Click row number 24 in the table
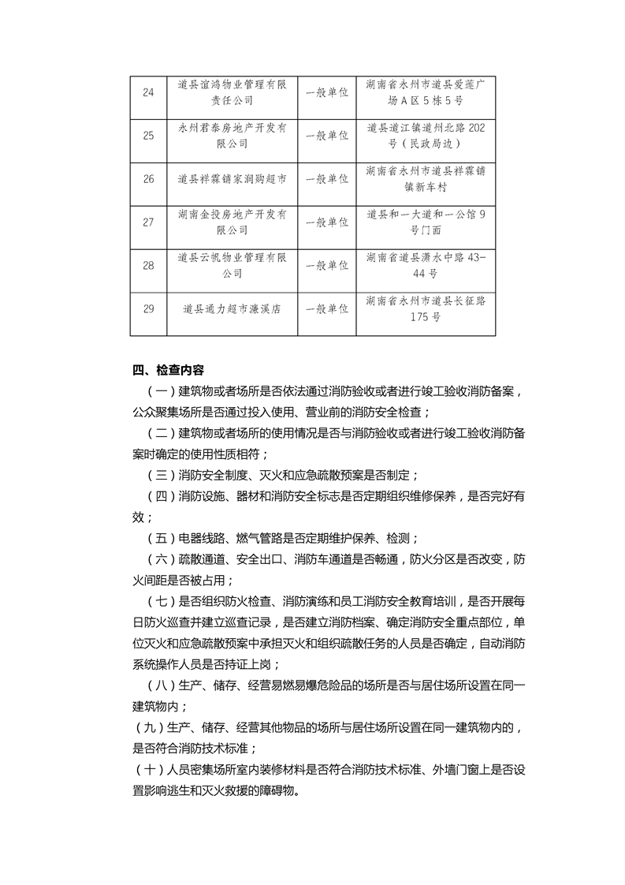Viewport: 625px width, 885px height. (x=148, y=93)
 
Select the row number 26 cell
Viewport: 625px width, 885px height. (x=148, y=179)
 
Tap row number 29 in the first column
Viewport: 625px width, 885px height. (x=148, y=308)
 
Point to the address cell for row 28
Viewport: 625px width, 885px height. (x=426, y=265)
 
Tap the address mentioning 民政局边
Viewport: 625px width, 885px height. (x=426, y=136)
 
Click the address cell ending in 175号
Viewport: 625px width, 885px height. (x=426, y=308)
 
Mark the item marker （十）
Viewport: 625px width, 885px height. (x=148, y=771)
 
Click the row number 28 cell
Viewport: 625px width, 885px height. (x=148, y=265)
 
